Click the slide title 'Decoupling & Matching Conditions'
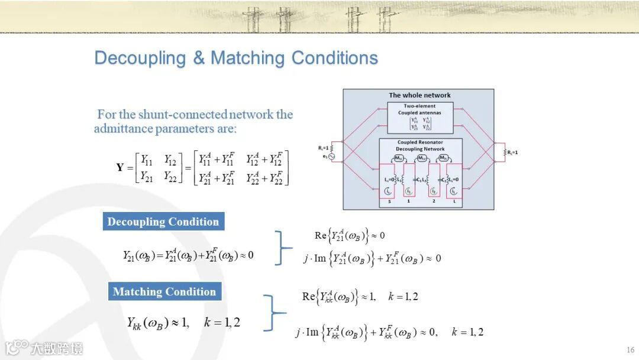point(236,58)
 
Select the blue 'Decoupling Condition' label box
point(163,222)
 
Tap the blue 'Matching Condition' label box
point(164,291)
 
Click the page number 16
point(630,349)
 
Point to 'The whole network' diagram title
point(419,95)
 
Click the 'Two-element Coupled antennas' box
point(419,117)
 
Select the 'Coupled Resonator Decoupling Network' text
point(419,146)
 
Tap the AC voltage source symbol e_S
point(332,157)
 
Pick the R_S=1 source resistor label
point(323,147)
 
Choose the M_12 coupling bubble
point(422,159)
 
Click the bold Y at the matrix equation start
point(120,168)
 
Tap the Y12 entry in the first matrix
point(170,159)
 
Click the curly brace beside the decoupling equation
point(284,247)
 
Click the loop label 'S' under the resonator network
point(389,202)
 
